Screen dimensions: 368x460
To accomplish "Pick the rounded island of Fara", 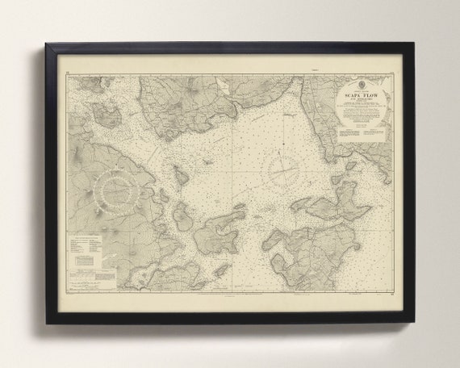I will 183,215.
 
